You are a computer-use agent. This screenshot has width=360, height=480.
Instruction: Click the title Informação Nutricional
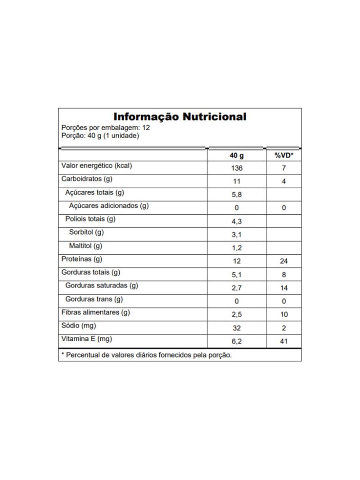(180, 117)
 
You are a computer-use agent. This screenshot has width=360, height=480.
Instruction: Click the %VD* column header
(283, 155)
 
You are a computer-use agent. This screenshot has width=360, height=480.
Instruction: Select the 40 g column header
(236, 155)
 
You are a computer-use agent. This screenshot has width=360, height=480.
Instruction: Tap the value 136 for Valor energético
(236, 168)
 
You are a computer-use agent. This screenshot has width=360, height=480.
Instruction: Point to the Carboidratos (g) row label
(86, 179)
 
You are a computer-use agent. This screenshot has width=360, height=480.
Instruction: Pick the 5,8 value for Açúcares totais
(236, 195)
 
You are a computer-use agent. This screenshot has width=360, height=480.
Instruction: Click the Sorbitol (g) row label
(86, 232)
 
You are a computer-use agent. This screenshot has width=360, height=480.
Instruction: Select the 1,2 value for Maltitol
(236, 248)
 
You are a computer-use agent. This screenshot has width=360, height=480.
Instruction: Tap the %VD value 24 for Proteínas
(283, 261)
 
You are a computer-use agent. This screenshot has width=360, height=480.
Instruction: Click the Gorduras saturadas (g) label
(102, 285)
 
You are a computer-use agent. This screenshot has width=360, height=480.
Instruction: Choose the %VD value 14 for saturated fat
(283, 288)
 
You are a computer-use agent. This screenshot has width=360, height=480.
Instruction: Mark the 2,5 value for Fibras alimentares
(236, 314)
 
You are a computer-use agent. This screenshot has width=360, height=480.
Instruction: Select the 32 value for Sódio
(236, 328)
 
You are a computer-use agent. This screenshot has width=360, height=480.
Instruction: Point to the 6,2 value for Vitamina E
(236, 341)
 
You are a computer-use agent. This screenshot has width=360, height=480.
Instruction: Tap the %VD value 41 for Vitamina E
(283, 341)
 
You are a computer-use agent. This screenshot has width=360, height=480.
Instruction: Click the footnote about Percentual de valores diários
(146, 355)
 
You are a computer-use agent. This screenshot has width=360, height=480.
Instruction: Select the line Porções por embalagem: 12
(105, 127)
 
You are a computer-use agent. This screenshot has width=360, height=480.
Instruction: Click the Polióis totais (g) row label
(90, 219)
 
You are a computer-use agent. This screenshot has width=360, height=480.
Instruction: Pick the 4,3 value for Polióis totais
(236, 222)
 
